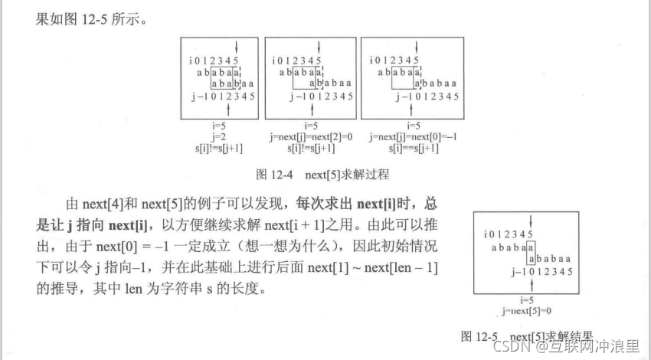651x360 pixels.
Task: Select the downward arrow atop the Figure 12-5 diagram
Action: (x=529, y=221)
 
